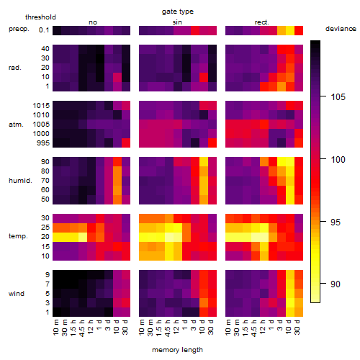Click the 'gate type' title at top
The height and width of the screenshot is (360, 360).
click(x=178, y=12)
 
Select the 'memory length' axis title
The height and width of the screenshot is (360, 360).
click(x=177, y=350)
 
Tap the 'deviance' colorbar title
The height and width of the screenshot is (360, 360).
click(x=341, y=29)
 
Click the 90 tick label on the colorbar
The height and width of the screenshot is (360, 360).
click(x=336, y=284)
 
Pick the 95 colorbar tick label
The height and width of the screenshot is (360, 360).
click(x=336, y=222)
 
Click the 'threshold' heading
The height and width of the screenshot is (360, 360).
click(x=40, y=17)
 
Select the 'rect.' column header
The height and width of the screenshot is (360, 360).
click(x=261, y=22)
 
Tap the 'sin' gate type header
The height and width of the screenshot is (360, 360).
click(x=177, y=22)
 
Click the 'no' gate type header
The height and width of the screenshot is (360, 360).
click(x=93, y=22)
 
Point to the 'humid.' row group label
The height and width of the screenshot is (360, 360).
click(x=20, y=181)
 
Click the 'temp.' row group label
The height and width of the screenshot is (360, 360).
click(x=18, y=236)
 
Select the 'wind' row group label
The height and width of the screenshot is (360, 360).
click(x=17, y=294)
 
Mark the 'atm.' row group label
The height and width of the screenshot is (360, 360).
click(x=16, y=125)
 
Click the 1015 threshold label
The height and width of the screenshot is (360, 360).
click(x=41, y=106)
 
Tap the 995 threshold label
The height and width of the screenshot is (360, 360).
click(x=43, y=143)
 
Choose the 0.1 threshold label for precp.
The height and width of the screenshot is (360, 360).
click(x=44, y=30)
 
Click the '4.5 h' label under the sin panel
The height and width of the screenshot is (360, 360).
click(x=167, y=328)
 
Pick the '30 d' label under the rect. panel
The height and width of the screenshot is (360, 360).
click(x=297, y=327)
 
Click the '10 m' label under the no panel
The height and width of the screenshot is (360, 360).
click(x=55, y=327)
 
